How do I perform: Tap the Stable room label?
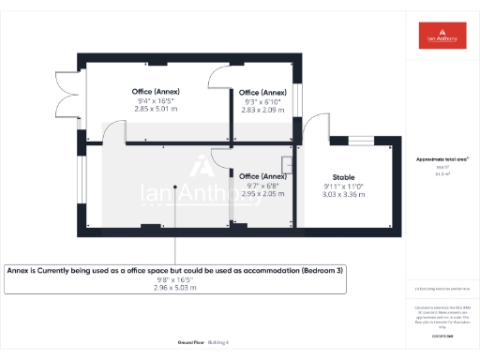(343, 176)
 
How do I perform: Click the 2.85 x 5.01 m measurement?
(156, 110)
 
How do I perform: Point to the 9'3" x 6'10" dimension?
(262, 101)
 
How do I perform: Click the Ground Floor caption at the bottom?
(188, 342)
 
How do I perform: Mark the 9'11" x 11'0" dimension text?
(343, 186)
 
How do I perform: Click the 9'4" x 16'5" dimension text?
(156, 100)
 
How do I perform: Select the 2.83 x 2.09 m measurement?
(262, 110)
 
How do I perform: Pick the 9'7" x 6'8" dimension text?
(262, 185)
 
